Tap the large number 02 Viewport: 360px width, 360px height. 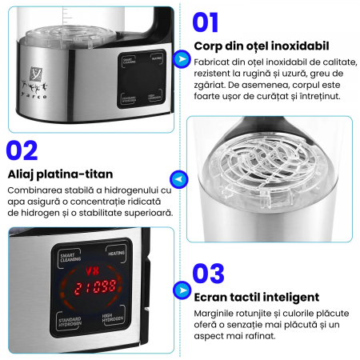[x=22, y=150]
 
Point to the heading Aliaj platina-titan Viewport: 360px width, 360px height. [x=60, y=174]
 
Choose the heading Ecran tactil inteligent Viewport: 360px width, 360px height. [x=256, y=297]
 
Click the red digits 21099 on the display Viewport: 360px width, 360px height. [x=94, y=286]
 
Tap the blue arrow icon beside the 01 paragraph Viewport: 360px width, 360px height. [x=182, y=60]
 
